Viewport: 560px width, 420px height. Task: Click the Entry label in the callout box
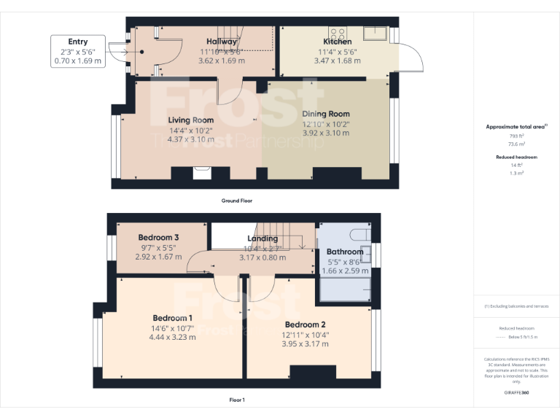point(77,42)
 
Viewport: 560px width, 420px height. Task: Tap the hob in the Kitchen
point(338,33)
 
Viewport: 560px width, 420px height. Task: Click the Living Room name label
point(191,120)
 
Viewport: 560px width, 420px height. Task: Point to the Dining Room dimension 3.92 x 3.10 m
point(325,133)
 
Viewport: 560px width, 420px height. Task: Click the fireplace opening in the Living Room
point(201,173)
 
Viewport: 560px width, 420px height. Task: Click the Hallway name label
point(222,42)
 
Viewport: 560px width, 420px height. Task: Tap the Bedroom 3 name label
point(158,238)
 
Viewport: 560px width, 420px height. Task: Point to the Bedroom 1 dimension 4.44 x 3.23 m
point(172,338)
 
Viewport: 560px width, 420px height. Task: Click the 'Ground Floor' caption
point(238,201)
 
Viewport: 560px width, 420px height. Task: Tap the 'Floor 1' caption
point(237,400)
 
